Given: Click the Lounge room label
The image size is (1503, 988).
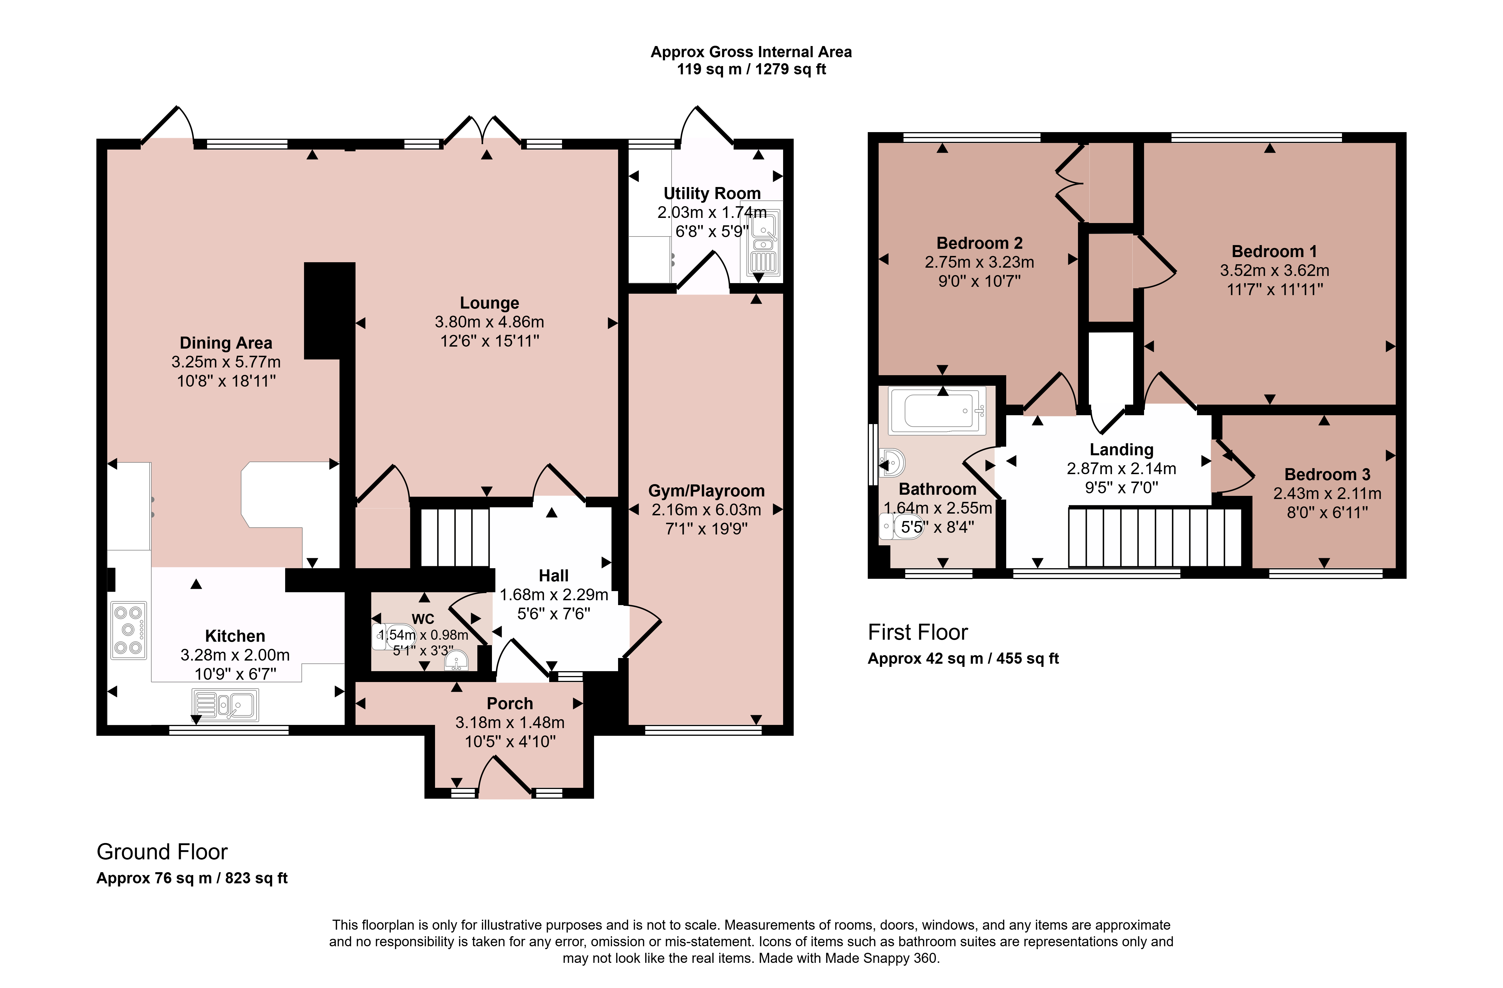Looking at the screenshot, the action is pyautogui.click(x=489, y=303).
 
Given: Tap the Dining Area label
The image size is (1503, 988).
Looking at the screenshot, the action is pyautogui.click(x=226, y=343).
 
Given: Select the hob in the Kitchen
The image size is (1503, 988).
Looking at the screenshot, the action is pyautogui.click(x=129, y=630).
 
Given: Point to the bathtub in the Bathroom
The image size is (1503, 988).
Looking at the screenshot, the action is pyautogui.click(x=937, y=410).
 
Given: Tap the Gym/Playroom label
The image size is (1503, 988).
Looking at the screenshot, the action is pyautogui.click(x=707, y=490).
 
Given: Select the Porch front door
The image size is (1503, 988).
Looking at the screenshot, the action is pyautogui.click(x=505, y=776).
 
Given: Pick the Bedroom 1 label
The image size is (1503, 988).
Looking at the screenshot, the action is pyautogui.click(x=1274, y=251).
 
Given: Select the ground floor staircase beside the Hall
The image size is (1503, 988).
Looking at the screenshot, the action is pyautogui.click(x=455, y=537).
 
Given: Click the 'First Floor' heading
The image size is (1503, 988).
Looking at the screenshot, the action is pyautogui.click(x=918, y=632).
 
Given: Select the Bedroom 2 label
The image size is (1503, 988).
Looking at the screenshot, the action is pyautogui.click(x=980, y=243).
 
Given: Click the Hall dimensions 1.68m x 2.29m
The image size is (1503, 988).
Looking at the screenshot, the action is pyautogui.click(x=554, y=595).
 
